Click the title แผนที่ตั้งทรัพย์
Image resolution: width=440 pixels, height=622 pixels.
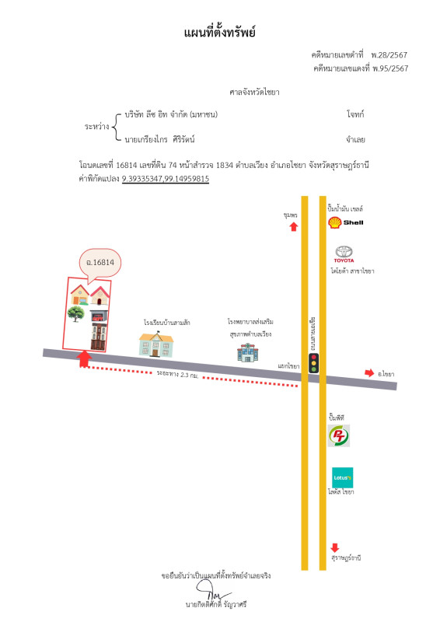pos(219,33)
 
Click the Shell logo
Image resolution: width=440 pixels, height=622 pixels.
pos(335,223)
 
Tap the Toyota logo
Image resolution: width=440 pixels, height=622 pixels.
pos(343,253)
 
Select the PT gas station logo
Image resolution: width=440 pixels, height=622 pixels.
pos(339,436)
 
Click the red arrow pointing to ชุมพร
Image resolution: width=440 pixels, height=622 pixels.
pos(293,226)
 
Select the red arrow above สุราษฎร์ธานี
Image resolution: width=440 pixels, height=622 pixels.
pos(335,547)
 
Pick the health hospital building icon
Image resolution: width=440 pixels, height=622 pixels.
pos(247,352)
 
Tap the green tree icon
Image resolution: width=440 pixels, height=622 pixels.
pos(76,313)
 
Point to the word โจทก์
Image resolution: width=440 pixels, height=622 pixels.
pos(356,114)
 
